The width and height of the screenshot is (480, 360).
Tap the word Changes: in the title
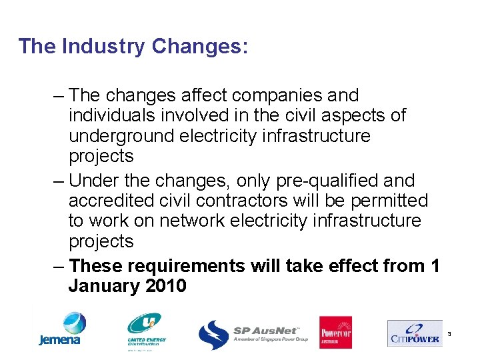click(x=200, y=47)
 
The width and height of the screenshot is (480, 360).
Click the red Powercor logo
click(x=335, y=332)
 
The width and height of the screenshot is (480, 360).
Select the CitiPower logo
click(x=413, y=333)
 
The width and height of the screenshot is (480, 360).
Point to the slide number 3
click(x=449, y=333)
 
